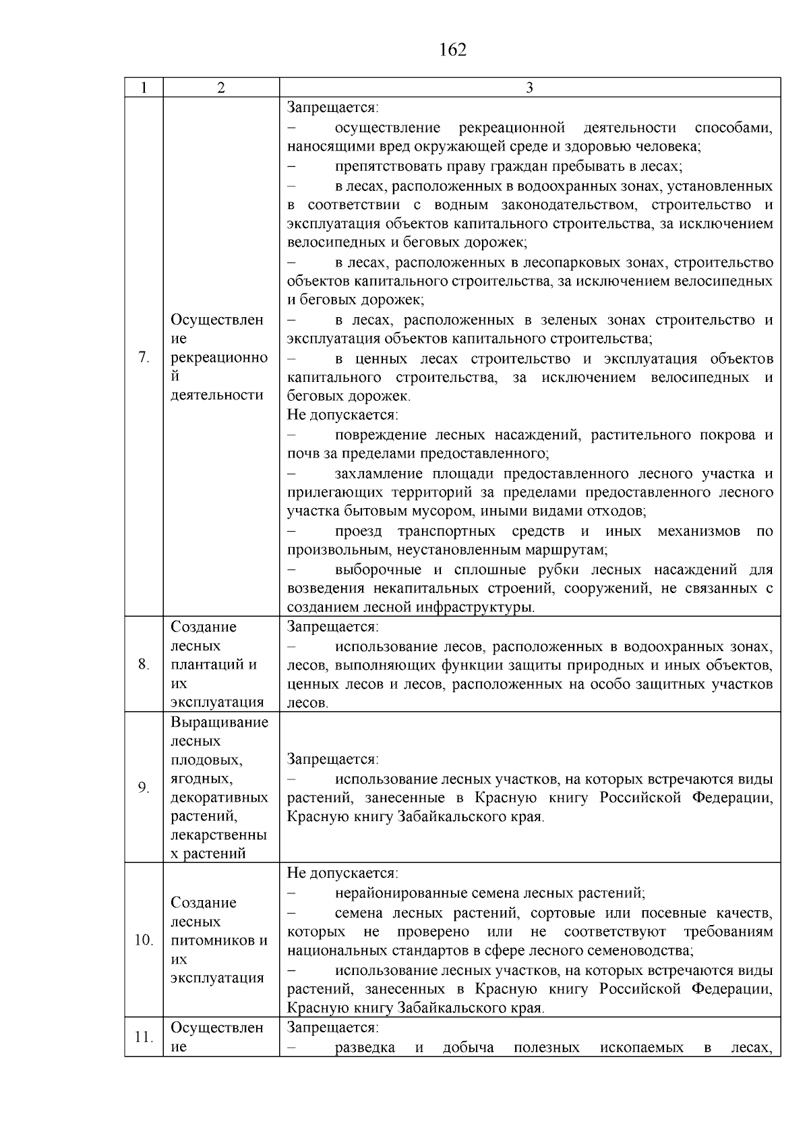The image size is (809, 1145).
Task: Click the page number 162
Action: click(452, 50)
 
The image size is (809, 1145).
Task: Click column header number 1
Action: click(144, 88)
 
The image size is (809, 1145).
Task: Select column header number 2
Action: click(221, 88)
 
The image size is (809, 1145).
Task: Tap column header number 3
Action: click(529, 88)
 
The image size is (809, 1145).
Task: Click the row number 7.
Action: click(144, 358)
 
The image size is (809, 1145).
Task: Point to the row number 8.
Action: click(144, 665)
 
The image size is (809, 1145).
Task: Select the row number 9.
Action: click(144, 787)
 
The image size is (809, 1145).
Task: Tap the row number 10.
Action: click(144, 940)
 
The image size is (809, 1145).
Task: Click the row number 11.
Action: click(143, 1037)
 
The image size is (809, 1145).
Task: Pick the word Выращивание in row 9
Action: click(219, 723)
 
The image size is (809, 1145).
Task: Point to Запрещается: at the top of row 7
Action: click(333, 108)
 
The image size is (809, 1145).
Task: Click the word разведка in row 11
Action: click(365, 1048)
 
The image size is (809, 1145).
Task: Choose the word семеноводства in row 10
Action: click(645, 951)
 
